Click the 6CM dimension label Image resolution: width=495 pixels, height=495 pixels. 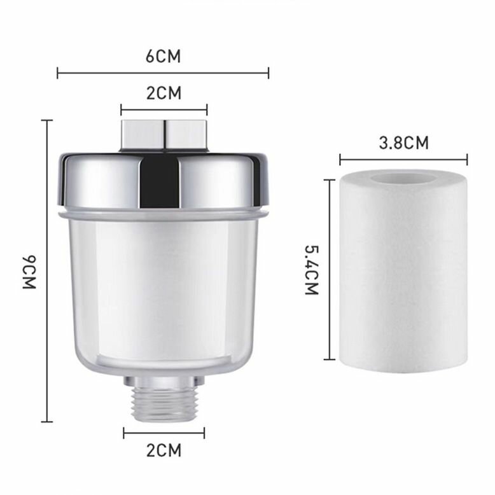(164, 57)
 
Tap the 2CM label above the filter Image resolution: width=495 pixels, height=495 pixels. (164, 93)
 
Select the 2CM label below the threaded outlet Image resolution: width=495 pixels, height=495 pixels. (164, 450)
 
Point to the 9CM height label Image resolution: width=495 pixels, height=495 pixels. (30, 272)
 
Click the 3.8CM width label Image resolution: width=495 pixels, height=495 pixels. (404, 143)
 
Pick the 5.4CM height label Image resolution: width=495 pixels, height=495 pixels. (312, 270)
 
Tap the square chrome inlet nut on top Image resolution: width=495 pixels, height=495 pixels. (164, 136)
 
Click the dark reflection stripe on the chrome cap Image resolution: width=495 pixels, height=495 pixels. (160, 182)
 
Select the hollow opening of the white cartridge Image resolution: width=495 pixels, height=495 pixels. (404, 178)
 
